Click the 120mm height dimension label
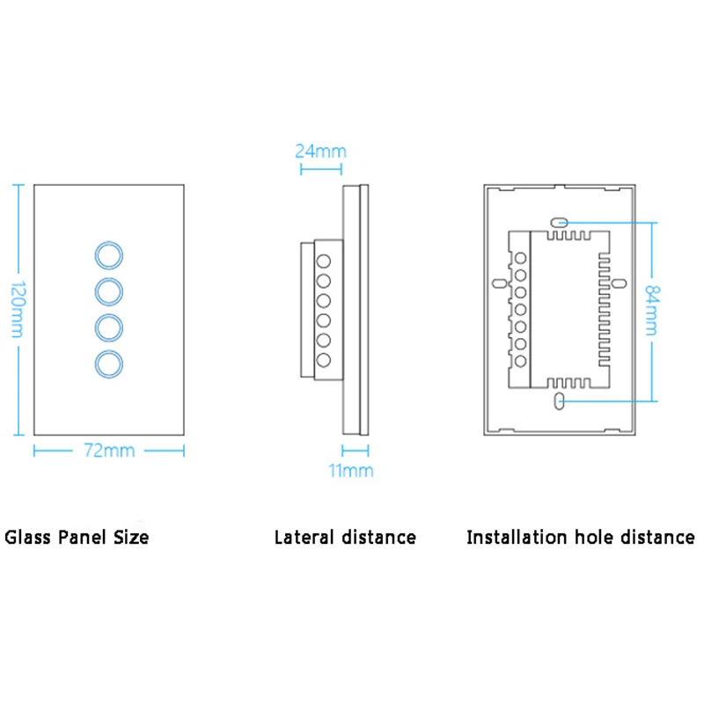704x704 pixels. [x=18, y=310]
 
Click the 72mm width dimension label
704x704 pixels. [x=109, y=451]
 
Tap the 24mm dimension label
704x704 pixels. [x=320, y=151]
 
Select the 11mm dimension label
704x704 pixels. [x=350, y=471]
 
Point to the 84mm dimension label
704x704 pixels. [x=652, y=310]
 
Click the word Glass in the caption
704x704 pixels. [x=27, y=537]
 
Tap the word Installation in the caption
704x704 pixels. [x=517, y=537]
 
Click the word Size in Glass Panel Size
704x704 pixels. [x=130, y=537]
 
